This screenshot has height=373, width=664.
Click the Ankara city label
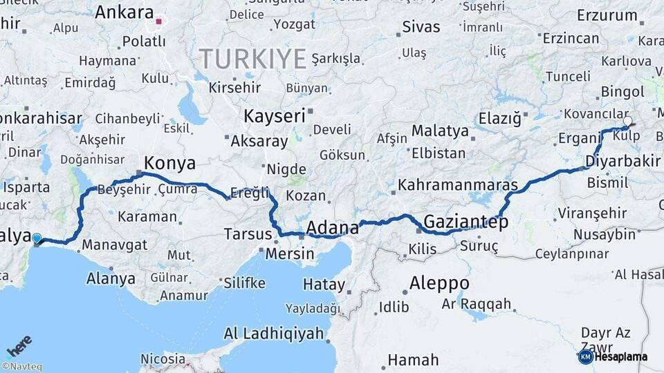[x=124, y=12]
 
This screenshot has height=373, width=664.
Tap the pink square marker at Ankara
[x=158, y=21]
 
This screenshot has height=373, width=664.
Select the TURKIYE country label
[x=252, y=59]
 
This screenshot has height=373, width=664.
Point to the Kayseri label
[x=275, y=115]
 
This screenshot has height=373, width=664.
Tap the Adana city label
[x=332, y=227]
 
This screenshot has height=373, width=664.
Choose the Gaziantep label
[x=465, y=222]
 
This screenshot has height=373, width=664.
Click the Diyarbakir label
[x=622, y=161]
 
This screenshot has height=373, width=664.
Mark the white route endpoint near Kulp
[x=627, y=122]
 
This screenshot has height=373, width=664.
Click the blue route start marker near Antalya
[x=37, y=239]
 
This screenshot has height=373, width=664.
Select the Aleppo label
[x=439, y=283]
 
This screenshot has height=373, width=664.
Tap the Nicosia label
[x=163, y=359]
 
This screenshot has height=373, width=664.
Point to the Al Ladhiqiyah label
[x=274, y=334]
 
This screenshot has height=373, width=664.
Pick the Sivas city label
[x=421, y=27]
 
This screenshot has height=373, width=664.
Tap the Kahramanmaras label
[x=458, y=186]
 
